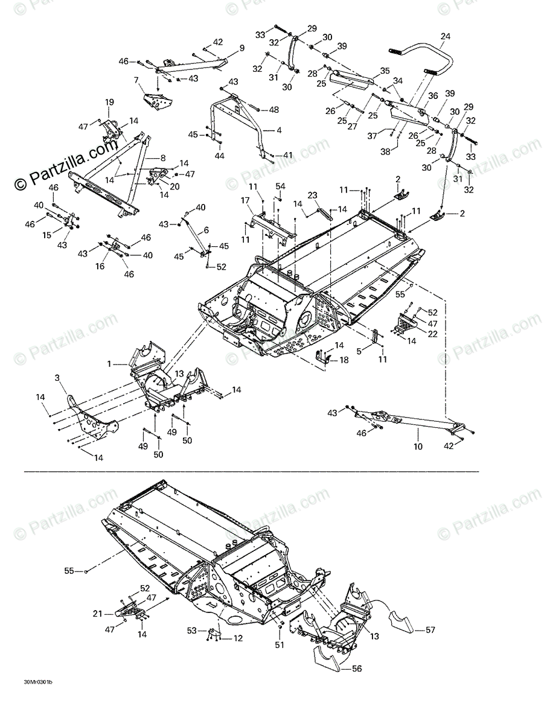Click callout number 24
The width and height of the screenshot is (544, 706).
[445, 36]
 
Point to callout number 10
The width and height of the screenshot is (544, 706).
[418, 447]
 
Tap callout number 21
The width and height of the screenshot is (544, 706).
[97, 614]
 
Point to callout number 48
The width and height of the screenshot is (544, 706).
[274, 110]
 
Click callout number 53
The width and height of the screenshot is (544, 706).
[192, 631]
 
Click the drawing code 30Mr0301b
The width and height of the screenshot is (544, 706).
[37, 683]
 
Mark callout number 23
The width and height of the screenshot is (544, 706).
[312, 195]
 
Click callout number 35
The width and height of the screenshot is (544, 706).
[385, 71]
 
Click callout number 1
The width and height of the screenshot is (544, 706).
[109, 364]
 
